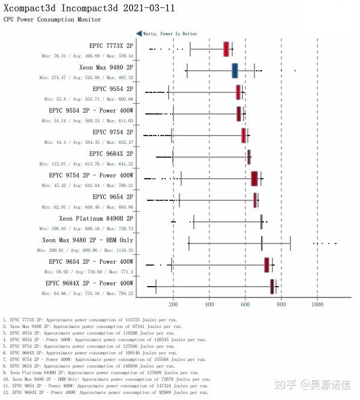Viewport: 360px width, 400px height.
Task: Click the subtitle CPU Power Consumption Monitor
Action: (52, 20)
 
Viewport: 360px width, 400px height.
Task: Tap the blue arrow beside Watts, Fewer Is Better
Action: (139, 34)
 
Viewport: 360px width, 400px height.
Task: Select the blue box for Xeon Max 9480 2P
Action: (235, 71)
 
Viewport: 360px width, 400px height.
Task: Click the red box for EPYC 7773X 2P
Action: (226, 49)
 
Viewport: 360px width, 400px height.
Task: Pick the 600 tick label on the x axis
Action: (245, 304)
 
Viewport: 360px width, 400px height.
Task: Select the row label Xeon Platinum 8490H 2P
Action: (96, 218)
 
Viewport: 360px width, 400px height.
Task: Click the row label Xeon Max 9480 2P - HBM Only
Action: (88, 240)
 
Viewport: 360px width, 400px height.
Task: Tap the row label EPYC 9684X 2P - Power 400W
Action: (89, 283)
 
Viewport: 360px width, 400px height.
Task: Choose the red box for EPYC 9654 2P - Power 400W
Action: (266, 264)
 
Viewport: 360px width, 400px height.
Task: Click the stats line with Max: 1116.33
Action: (85, 250)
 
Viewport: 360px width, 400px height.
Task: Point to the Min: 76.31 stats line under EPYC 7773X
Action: (88, 56)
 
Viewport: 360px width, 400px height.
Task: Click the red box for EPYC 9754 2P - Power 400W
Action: (254, 179)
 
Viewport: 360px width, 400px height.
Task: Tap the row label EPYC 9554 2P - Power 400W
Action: (91, 110)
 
